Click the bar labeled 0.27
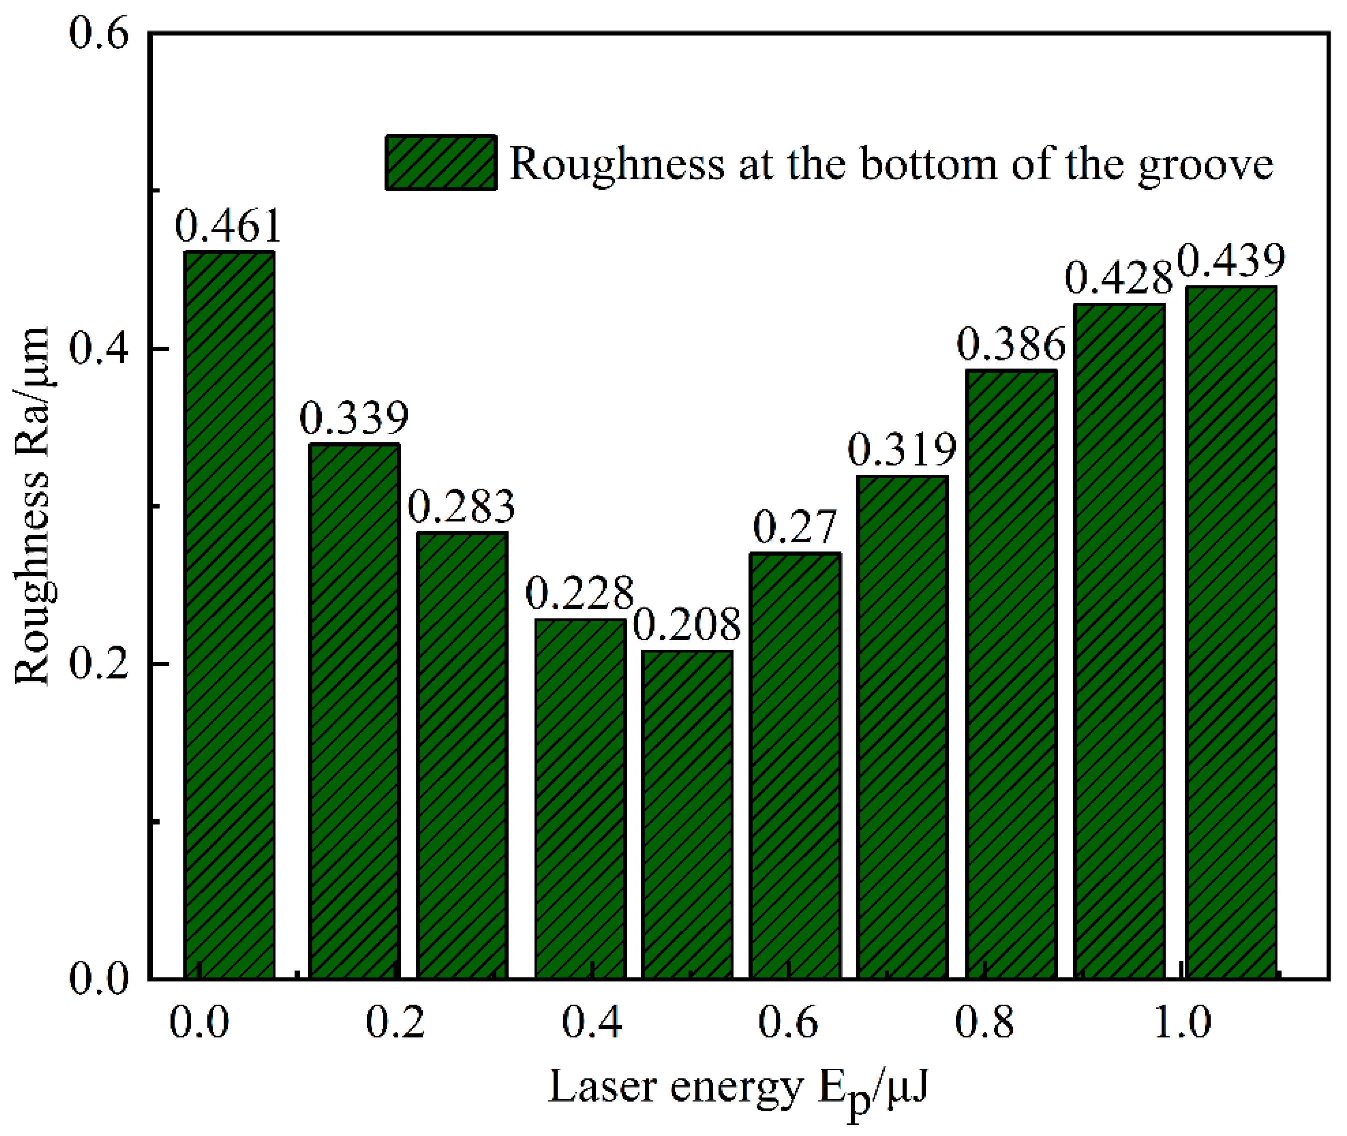click(795, 766)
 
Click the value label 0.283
click(462, 507)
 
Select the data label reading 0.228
click(579, 594)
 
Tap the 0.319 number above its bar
click(902, 451)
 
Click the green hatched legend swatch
click(441, 163)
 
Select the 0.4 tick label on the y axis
click(99, 348)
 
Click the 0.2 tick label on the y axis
click(99, 663)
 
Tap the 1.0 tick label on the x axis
click(1182, 1023)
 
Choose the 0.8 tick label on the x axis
click(984, 1023)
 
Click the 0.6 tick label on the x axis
click(788, 1023)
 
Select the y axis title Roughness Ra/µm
click(32, 506)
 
